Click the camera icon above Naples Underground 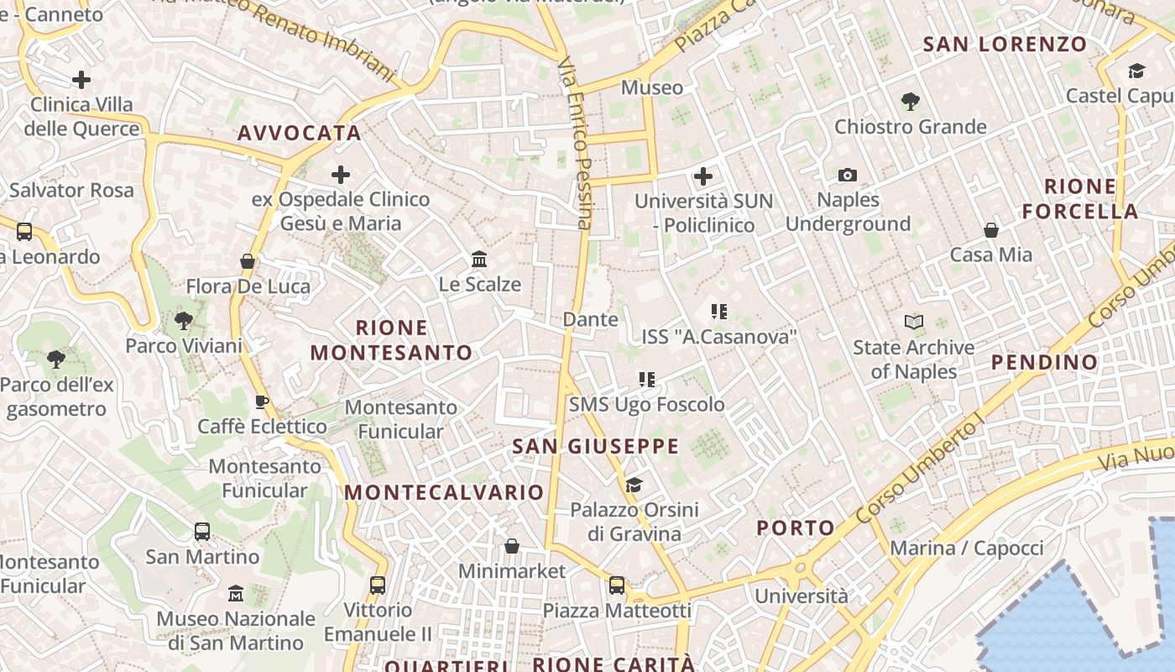click(x=848, y=175)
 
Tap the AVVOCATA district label click(x=300, y=133)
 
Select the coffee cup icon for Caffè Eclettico click(x=262, y=402)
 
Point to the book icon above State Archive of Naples click(x=914, y=322)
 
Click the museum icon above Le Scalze click(x=479, y=258)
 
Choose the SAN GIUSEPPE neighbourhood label click(x=595, y=446)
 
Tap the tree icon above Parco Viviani click(x=183, y=320)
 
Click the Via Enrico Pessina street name click(x=576, y=143)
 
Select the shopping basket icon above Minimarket click(x=512, y=546)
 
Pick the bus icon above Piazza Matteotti click(x=617, y=585)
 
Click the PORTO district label click(x=796, y=528)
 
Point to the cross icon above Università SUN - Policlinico click(x=703, y=176)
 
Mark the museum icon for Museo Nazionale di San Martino click(x=236, y=593)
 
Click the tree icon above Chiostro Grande click(x=910, y=102)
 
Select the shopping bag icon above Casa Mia click(x=991, y=229)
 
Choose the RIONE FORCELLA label click(x=1080, y=198)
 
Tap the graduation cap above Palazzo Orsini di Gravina click(x=634, y=484)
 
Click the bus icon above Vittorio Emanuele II click(x=378, y=585)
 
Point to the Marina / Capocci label click(x=967, y=549)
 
